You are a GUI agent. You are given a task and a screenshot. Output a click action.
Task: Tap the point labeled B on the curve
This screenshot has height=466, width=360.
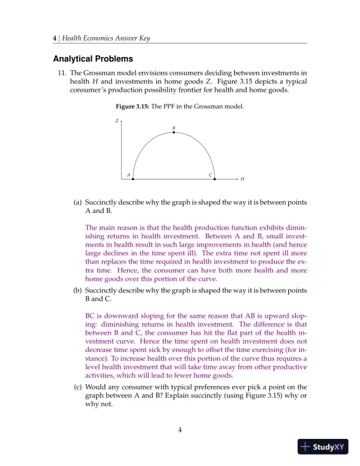coord(174,132)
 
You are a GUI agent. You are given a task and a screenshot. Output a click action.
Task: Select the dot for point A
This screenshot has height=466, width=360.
coord(133,178)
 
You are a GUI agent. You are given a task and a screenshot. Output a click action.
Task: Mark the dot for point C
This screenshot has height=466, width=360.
coord(215,178)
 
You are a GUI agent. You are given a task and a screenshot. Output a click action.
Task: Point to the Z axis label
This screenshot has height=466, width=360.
coord(116,121)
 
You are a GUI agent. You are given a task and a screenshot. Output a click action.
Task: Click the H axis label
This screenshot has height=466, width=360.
coord(242,179)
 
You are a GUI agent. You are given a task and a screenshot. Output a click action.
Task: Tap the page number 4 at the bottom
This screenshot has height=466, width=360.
coord(180,430)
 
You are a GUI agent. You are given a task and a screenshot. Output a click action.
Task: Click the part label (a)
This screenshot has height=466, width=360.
coord(78,202)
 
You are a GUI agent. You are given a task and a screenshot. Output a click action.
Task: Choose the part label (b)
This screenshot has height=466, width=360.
coord(78,291)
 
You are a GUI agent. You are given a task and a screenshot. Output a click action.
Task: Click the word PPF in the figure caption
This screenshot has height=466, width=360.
coord(170,106)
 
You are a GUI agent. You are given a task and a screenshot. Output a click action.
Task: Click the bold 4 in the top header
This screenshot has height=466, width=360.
coord(55,38)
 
